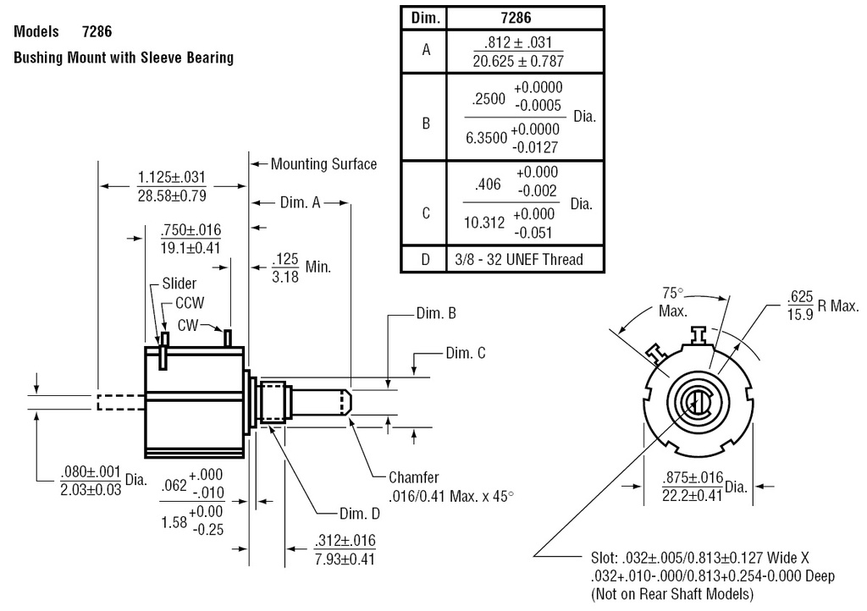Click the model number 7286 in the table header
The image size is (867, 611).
coord(525,18)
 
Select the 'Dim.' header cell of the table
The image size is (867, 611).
coord(423,18)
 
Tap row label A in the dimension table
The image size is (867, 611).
coord(426,50)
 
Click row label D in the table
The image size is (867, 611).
coord(426,259)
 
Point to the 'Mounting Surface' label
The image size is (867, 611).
coord(323,163)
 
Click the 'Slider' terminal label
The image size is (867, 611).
coord(179,283)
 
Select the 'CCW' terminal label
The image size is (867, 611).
coord(190,302)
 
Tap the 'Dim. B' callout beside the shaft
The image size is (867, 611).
coord(437,313)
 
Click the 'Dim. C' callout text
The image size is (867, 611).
coord(466,353)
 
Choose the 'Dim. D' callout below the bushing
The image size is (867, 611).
coord(360,513)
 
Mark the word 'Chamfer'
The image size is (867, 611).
coord(414,477)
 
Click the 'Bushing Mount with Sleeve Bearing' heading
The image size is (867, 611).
coord(124,59)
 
